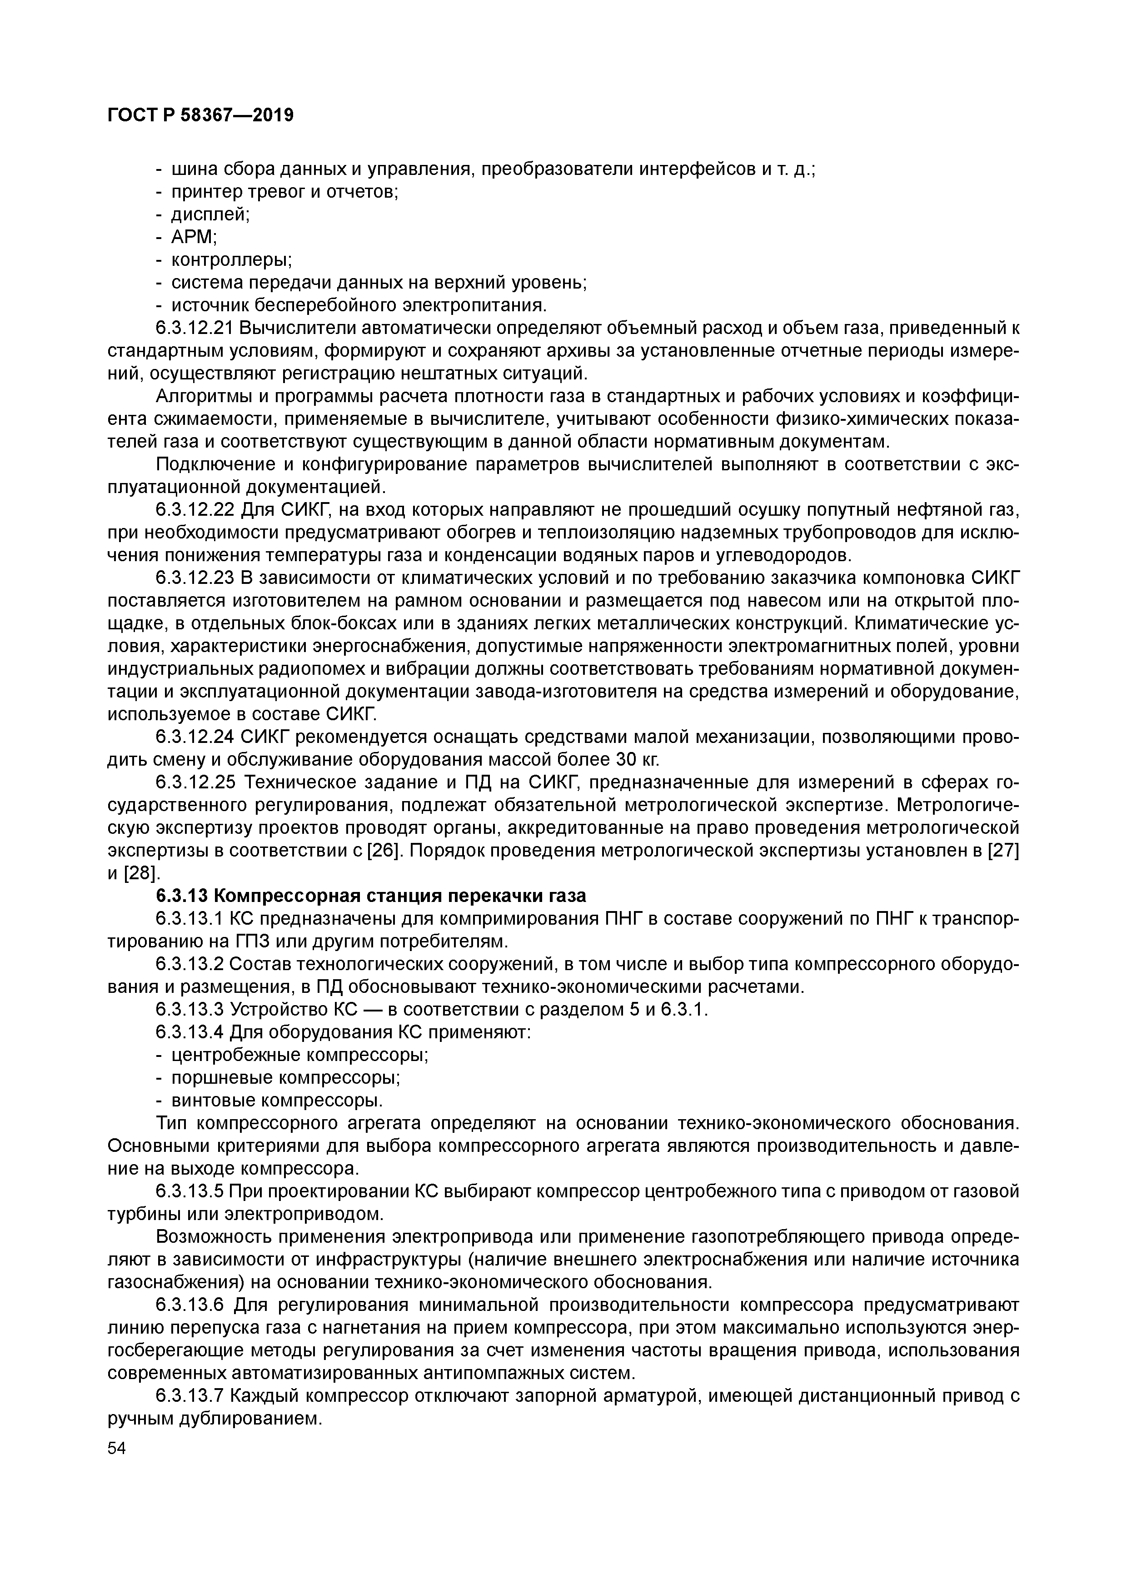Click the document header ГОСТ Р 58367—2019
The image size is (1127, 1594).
pyautogui.click(x=201, y=115)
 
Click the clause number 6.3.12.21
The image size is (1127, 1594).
pyautogui.click(x=196, y=328)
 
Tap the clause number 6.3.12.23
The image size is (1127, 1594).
pyautogui.click(x=196, y=578)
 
